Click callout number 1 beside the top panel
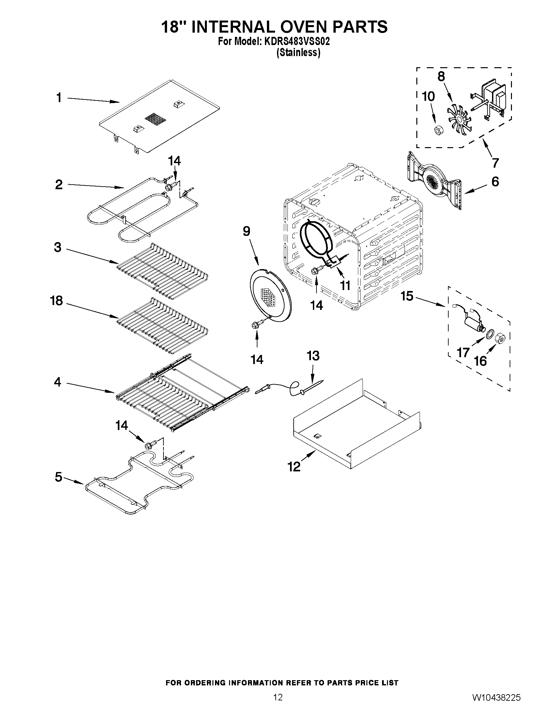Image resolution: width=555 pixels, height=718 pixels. (59, 98)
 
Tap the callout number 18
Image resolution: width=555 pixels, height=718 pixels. (56, 300)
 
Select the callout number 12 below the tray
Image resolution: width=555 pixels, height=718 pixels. (294, 466)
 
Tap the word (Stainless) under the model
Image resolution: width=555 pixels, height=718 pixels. (298, 53)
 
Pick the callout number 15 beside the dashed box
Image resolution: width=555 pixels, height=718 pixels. (407, 296)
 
